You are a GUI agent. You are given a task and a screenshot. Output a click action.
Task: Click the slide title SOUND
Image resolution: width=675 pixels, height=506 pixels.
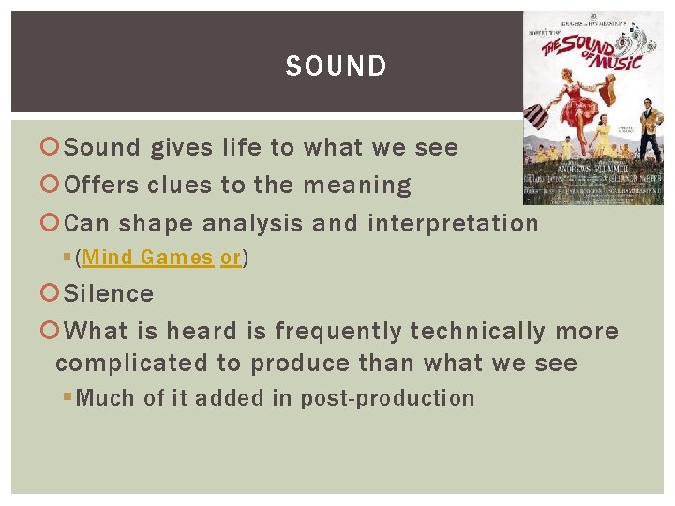[336, 67]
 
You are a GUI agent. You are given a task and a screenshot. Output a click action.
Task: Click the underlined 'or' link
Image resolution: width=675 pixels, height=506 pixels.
[231, 258]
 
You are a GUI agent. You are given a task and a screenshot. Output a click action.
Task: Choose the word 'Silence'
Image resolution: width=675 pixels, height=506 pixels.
[110, 293]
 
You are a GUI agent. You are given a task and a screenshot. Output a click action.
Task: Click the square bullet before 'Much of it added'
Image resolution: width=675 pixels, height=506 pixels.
[67, 398]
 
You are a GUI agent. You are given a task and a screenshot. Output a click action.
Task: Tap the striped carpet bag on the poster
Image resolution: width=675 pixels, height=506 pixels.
[536, 117]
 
